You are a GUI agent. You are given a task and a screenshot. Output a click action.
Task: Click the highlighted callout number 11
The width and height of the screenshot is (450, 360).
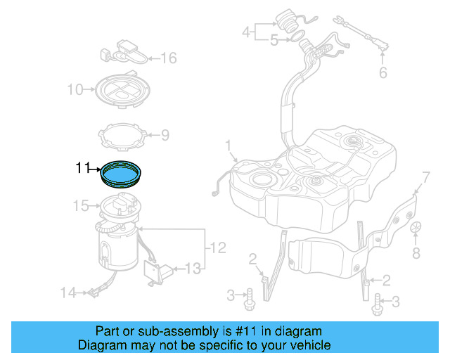[83, 168]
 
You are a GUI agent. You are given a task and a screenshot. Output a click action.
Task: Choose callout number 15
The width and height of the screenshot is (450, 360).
[82, 206]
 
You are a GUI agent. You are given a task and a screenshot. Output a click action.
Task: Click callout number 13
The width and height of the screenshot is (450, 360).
[192, 267]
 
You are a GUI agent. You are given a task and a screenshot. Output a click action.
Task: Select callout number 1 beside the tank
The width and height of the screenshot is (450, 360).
[228, 146]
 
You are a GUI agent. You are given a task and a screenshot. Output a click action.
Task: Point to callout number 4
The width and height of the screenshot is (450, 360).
[246, 32]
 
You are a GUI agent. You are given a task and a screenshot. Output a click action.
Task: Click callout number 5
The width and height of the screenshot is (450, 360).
[274, 41]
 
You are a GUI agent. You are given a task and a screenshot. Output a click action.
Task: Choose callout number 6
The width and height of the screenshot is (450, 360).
[383, 72]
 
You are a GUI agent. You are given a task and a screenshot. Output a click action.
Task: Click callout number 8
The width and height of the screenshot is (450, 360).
[416, 252]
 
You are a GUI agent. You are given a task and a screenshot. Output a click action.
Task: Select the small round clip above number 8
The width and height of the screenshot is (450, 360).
[416, 228]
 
